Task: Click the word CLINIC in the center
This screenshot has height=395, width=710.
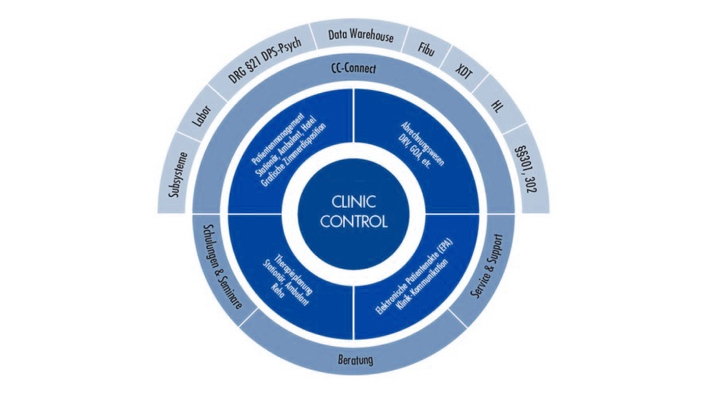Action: tap(354, 201)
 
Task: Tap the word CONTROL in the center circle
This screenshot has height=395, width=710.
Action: tap(354, 221)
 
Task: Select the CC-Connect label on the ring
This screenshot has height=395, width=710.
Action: tap(354, 70)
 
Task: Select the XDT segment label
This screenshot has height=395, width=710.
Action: tap(465, 70)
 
